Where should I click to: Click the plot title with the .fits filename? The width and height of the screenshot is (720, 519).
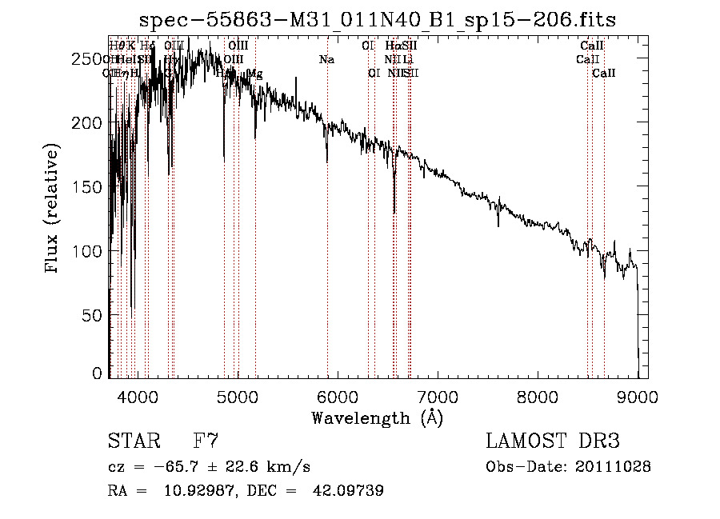click(x=377, y=20)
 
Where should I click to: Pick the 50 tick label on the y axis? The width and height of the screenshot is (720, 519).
click(x=94, y=315)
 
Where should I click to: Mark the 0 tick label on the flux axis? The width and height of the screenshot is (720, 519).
click(x=98, y=373)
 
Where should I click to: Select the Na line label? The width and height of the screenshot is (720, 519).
click(x=326, y=59)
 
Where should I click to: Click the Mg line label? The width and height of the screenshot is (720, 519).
click(x=254, y=74)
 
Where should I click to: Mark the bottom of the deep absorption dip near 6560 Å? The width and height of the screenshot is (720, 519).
click(x=394, y=213)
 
